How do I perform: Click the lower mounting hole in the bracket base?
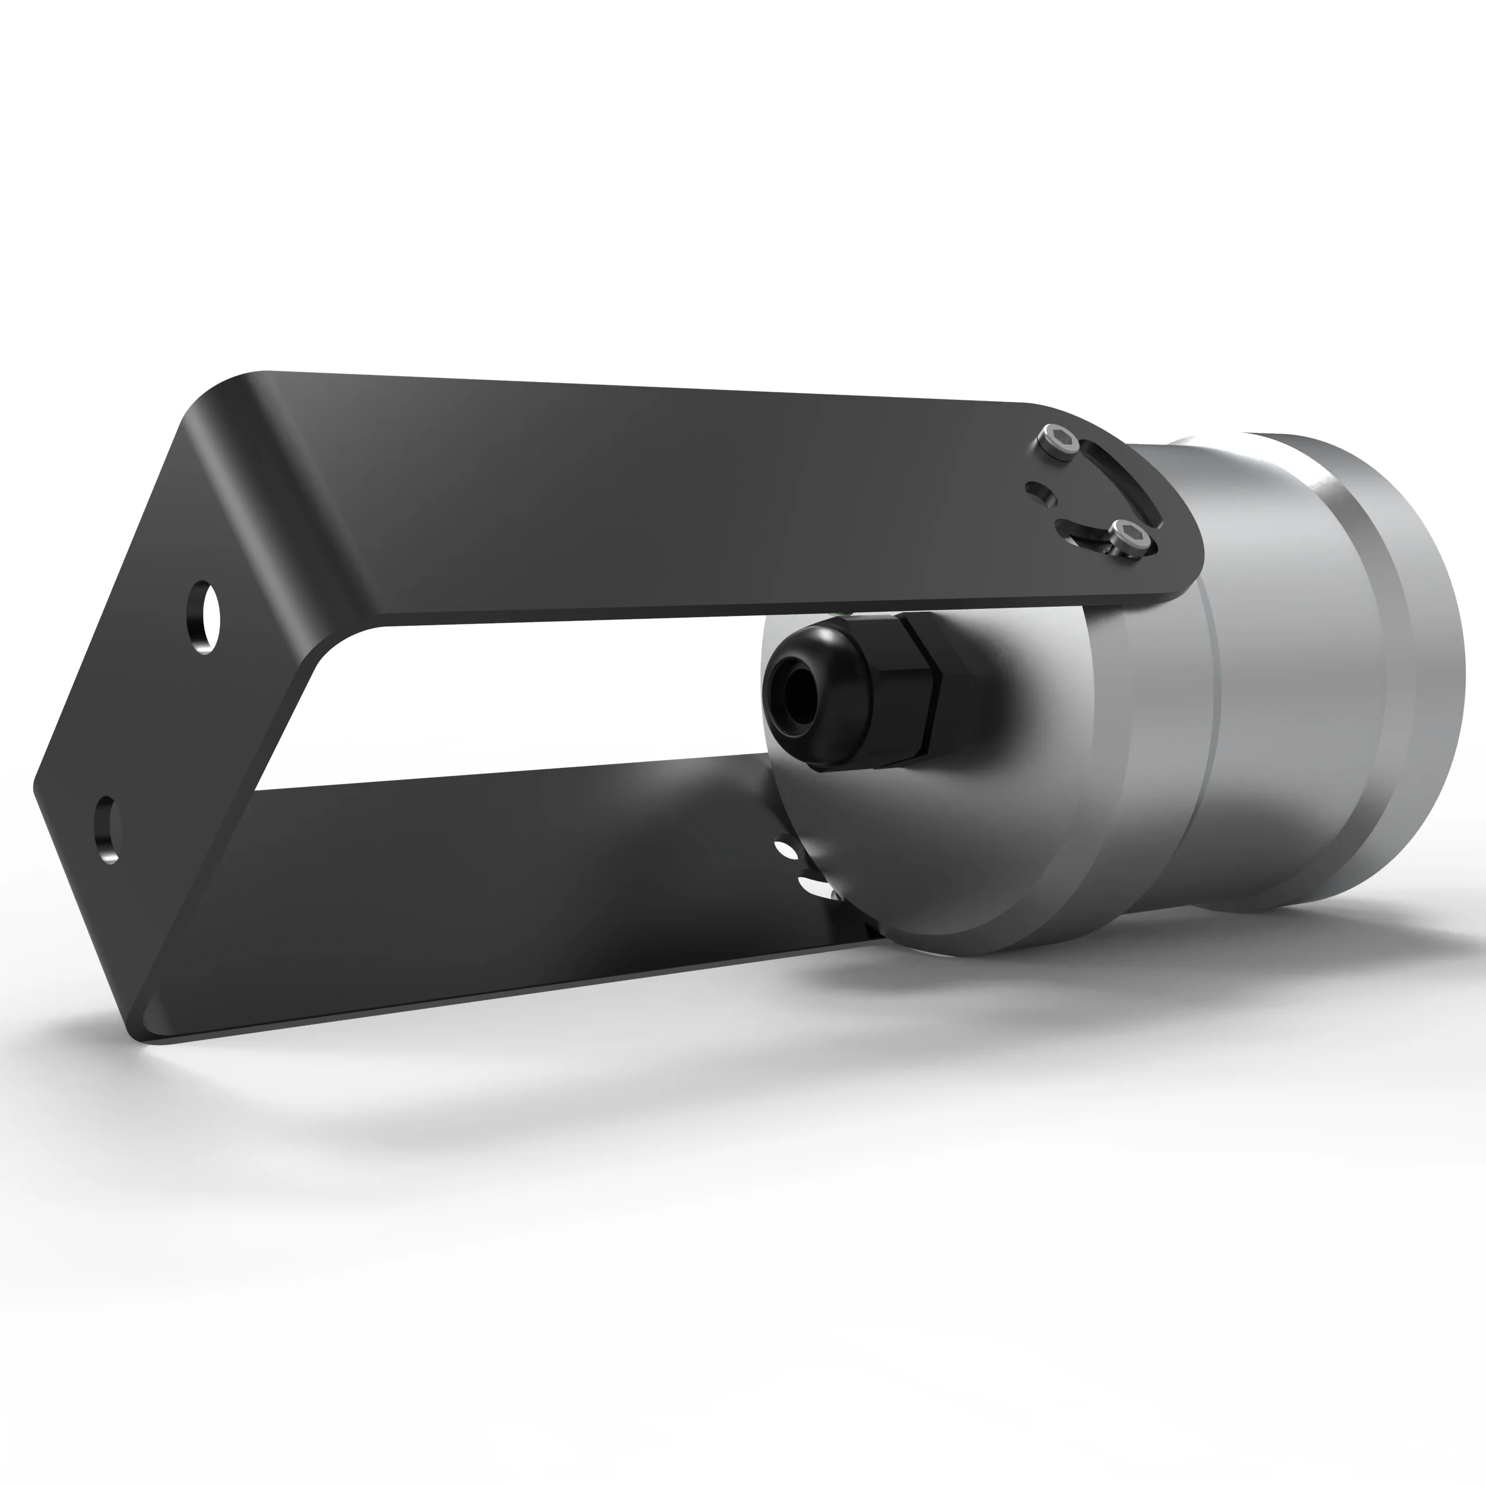click(x=107, y=830)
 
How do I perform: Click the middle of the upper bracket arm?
click(x=654, y=500)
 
